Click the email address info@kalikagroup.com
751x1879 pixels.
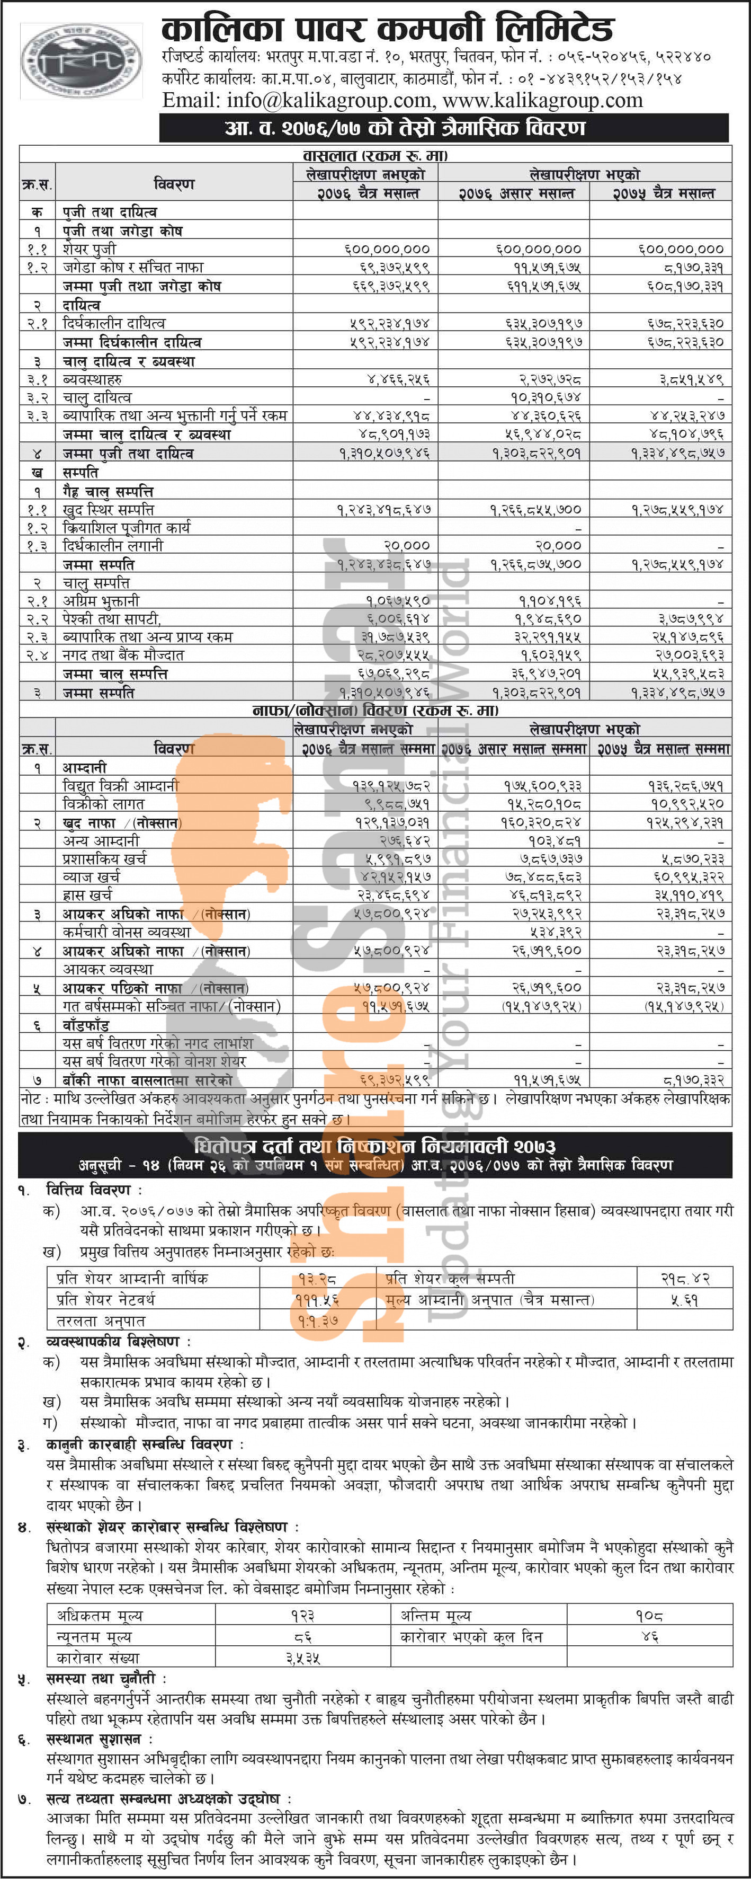(x=298, y=101)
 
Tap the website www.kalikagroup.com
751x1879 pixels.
(x=542, y=101)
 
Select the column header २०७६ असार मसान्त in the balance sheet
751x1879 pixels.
(x=515, y=194)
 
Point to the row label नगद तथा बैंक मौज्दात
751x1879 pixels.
(x=122, y=655)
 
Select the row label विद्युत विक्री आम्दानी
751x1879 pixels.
(x=120, y=786)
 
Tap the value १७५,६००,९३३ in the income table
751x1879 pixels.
(x=542, y=786)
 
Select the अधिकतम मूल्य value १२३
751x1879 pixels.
(x=302, y=1616)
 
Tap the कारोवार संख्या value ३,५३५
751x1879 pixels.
(x=302, y=1658)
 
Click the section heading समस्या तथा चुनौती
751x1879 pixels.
(x=106, y=1679)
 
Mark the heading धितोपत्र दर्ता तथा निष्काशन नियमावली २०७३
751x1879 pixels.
(x=375, y=1146)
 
